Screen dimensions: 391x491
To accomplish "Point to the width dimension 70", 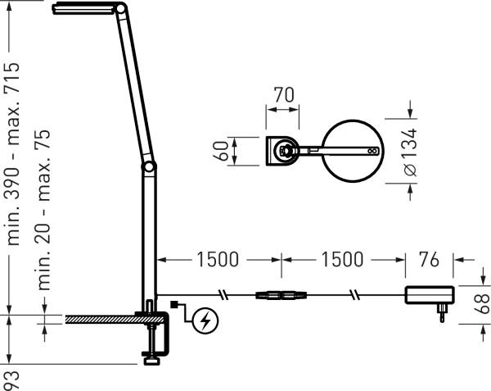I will [x=283, y=96].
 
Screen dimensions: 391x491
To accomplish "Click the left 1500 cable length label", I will [x=217, y=261].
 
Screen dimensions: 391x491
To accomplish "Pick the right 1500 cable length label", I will [x=342, y=261].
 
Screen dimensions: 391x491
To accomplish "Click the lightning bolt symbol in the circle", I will [x=205, y=321].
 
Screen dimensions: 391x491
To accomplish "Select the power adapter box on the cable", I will [x=430, y=295].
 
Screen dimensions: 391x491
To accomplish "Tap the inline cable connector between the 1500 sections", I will [x=280, y=295].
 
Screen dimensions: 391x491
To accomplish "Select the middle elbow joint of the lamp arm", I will [x=148, y=167].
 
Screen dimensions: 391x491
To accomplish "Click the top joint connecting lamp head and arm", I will [x=121, y=10].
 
